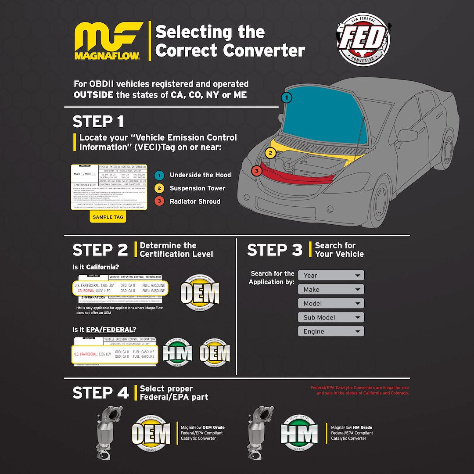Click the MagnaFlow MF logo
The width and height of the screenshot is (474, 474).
pyautogui.click(x=108, y=40)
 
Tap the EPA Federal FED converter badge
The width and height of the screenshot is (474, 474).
pyautogui.click(x=363, y=40)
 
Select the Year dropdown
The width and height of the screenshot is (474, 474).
pyautogui.click(x=331, y=275)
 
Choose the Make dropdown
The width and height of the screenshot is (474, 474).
pyautogui.click(x=331, y=289)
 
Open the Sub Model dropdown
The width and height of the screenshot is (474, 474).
pyautogui.click(x=331, y=317)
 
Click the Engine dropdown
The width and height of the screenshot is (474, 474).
pyautogui.click(x=331, y=331)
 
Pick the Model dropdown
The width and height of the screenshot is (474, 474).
pyautogui.click(x=331, y=303)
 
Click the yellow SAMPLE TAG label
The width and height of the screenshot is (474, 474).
pyautogui.click(x=108, y=217)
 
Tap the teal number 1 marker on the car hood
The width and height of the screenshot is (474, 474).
pyautogui.click(x=287, y=97)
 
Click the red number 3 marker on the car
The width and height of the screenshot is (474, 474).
pyautogui.click(x=257, y=170)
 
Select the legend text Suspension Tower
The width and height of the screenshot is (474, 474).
pyautogui.click(x=197, y=188)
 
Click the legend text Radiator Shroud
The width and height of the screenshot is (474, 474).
pyautogui.click(x=195, y=201)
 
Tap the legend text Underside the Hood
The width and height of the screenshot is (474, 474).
pyautogui.click(x=200, y=175)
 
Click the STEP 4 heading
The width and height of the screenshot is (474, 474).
pyautogui.click(x=101, y=393)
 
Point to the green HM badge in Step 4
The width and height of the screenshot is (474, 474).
pyautogui.click(x=299, y=433)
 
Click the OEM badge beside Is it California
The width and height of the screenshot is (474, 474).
pyautogui.click(x=200, y=293)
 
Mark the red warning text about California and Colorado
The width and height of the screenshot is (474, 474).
pyautogui.click(x=360, y=390)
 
